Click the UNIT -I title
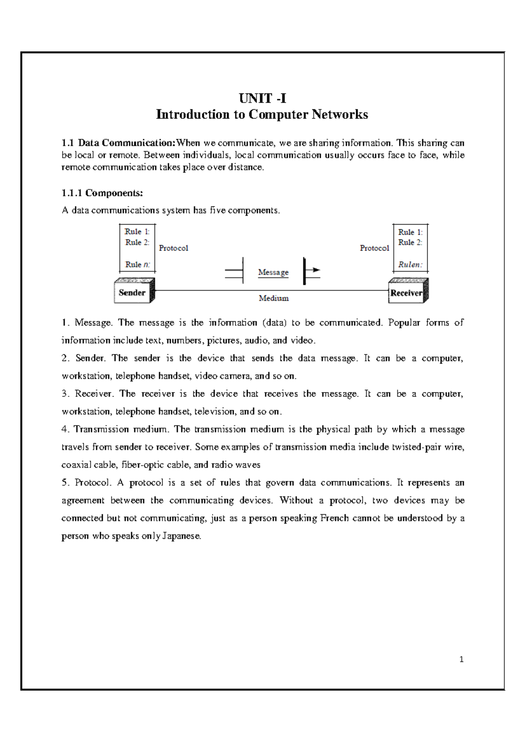[x=262, y=98]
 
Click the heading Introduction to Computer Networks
[x=262, y=114]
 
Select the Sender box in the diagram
[x=132, y=292]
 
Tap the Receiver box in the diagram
[x=406, y=293]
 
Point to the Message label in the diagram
[x=273, y=272]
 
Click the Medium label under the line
[x=273, y=298]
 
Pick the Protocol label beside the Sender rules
[x=173, y=248]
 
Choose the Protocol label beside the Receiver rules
[x=374, y=248]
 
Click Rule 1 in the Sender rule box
[x=137, y=232]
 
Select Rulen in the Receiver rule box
[x=410, y=264]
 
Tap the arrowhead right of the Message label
[x=316, y=270]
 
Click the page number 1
[x=462, y=659]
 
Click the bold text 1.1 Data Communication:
[x=119, y=143]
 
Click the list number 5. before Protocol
[x=66, y=482]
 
